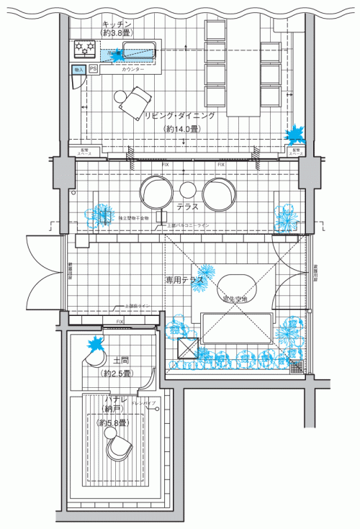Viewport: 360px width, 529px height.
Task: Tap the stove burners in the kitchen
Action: click(x=86, y=49)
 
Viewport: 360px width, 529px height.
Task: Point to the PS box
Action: click(x=93, y=69)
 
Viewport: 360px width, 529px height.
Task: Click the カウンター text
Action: click(x=132, y=69)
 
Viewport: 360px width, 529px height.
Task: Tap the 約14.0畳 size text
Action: click(x=182, y=129)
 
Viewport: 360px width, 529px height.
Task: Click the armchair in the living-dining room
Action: click(x=133, y=100)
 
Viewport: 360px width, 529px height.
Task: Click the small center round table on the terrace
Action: click(x=188, y=190)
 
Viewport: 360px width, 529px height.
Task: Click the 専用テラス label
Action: click(x=184, y=279)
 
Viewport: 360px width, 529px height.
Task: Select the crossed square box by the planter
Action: click(x=188, y=349)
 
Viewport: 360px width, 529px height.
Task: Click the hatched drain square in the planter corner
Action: click(x=296, y=366)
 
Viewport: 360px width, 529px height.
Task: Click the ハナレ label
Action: click(x=115, y=398)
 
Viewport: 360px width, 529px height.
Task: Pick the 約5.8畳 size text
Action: click(x=112, y=422)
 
